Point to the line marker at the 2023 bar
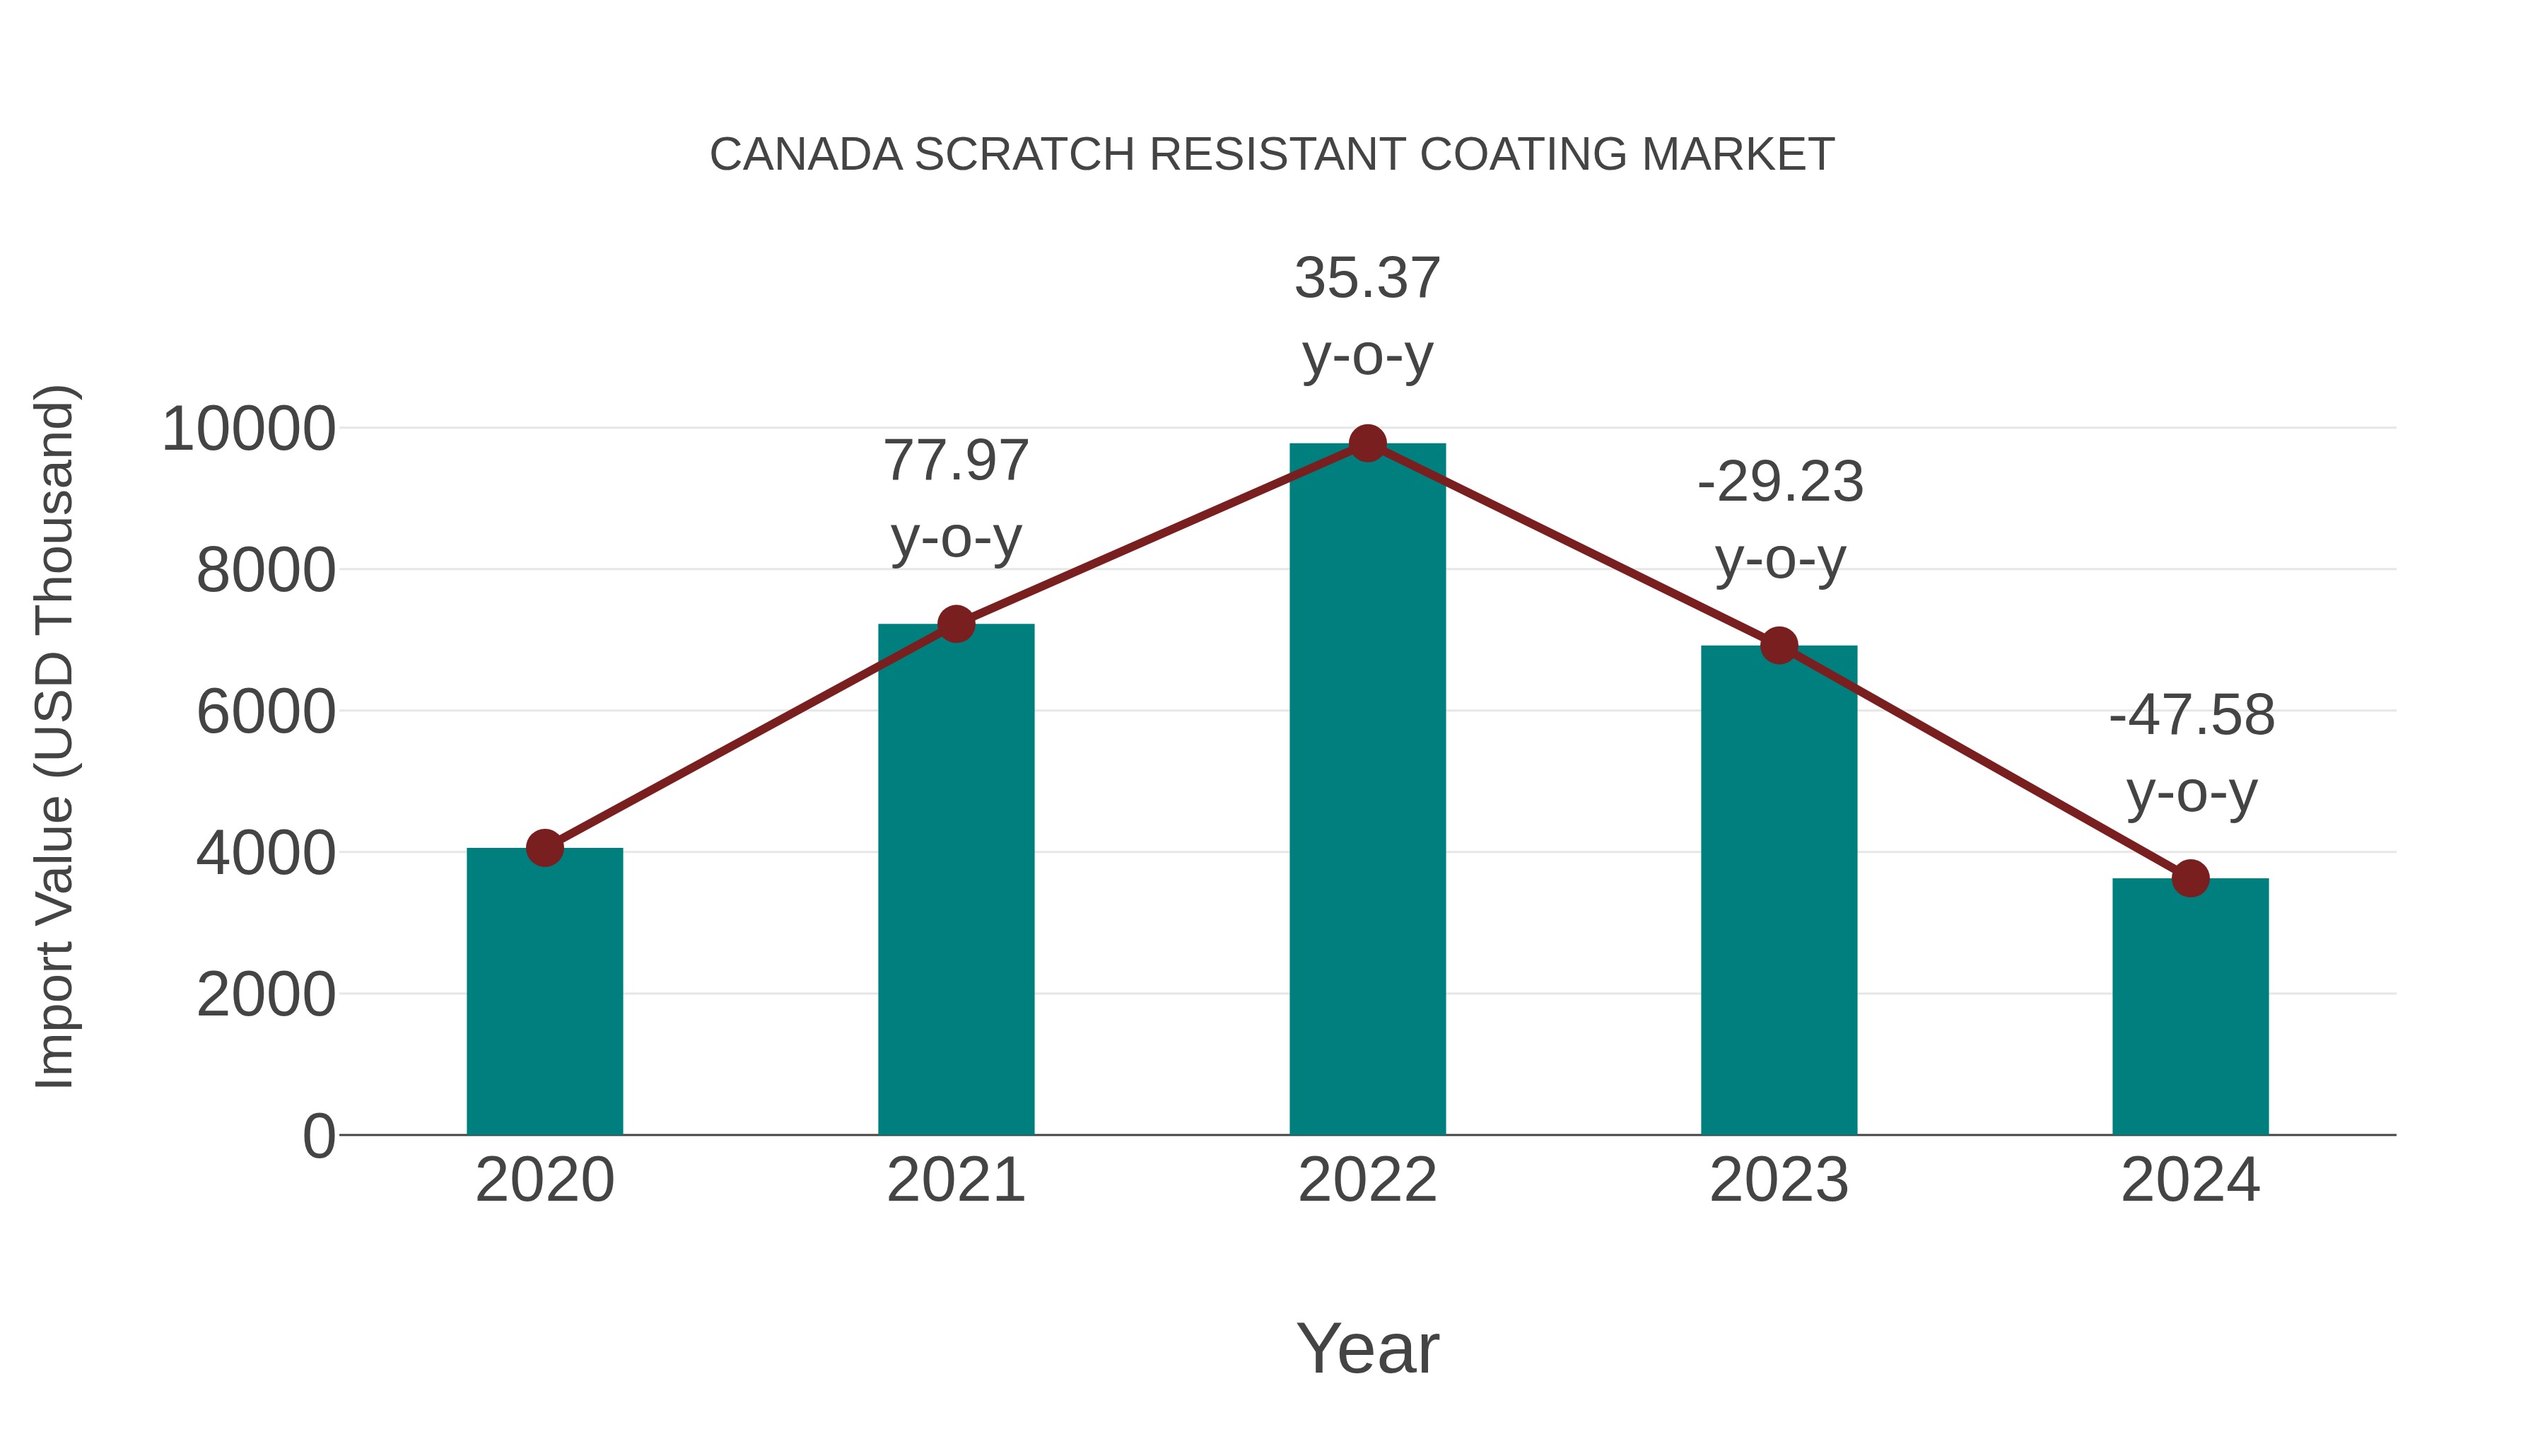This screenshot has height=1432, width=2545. (1779, 646)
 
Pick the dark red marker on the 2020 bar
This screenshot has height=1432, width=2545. (544, 848)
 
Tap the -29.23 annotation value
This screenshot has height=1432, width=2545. (1779, 483)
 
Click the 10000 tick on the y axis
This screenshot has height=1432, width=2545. (248, 430)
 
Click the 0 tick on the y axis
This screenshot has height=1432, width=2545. (318, 1136)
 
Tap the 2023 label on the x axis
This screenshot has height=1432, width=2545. (1779, 1180)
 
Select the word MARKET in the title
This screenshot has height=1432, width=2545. (1737, 155)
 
